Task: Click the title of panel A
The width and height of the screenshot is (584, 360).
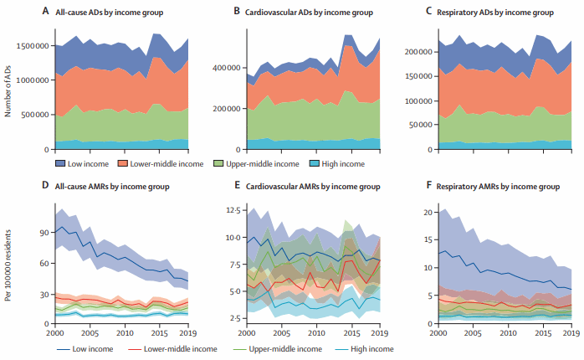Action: tap(118, 13)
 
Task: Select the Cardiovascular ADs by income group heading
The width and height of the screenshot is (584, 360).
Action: tap(311, 13)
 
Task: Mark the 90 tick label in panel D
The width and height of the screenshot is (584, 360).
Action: tap(42, 233)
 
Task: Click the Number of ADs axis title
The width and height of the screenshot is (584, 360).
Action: tap(8, 89)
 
